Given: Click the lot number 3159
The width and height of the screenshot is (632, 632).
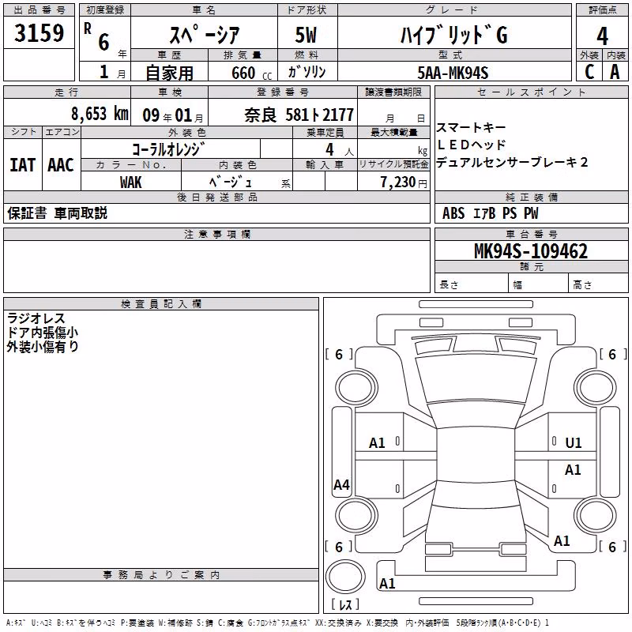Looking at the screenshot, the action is point(39,32).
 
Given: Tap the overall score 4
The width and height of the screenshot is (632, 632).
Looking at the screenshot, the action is point(602,36).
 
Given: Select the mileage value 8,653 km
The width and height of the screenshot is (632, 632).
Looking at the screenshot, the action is point(100,114).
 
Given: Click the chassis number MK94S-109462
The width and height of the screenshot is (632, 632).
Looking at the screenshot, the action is point(531,251).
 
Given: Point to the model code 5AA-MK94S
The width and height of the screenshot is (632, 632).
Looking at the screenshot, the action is point(453,73).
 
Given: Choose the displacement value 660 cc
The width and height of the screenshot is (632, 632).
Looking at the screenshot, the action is point(251,73).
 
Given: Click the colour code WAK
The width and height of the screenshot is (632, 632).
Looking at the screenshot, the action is point(130,182).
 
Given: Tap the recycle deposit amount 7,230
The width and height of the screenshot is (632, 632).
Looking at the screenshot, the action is point(398,182).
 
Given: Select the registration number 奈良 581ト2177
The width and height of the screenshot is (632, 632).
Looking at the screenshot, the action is point(299,115).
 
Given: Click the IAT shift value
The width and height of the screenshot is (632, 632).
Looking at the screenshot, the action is point(22,165).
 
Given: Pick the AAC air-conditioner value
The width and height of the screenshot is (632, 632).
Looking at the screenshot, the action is point(61,165).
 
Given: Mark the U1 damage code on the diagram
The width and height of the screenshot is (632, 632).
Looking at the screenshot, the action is point(574,443).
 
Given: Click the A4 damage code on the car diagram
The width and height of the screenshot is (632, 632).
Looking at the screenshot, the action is point(341,484).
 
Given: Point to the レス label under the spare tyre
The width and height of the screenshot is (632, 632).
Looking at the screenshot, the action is point(345,604).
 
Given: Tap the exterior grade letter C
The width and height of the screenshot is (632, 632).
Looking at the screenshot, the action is point(589,72).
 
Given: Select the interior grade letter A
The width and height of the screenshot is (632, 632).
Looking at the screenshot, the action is point(615,72).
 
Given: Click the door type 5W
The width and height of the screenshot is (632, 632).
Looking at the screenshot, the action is point(306,35).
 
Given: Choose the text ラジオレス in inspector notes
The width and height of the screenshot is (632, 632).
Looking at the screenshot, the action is point(36,318).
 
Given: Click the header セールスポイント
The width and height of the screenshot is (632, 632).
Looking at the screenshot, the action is point(531,92).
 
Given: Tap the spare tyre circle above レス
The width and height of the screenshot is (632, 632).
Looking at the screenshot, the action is point(345,577).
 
